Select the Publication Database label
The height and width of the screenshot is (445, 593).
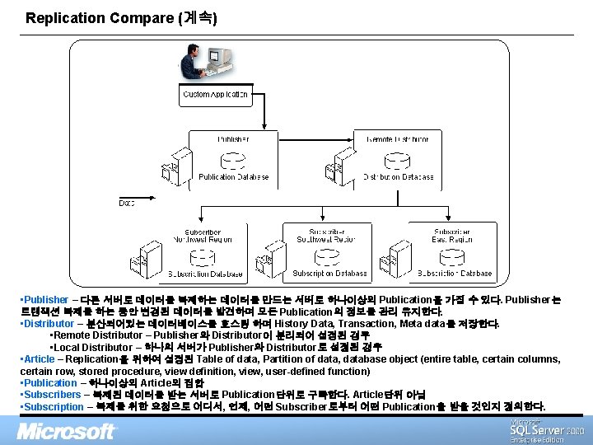(234, 176)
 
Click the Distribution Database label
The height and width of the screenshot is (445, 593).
(398, 176)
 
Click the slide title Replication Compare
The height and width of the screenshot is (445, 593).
(121, 17)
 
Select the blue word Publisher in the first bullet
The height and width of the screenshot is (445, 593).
(46, 300)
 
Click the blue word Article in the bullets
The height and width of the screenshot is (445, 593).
(40, 359)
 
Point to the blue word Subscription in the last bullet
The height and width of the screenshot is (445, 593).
(54, 407)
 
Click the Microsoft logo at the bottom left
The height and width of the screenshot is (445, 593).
(67, 430)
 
